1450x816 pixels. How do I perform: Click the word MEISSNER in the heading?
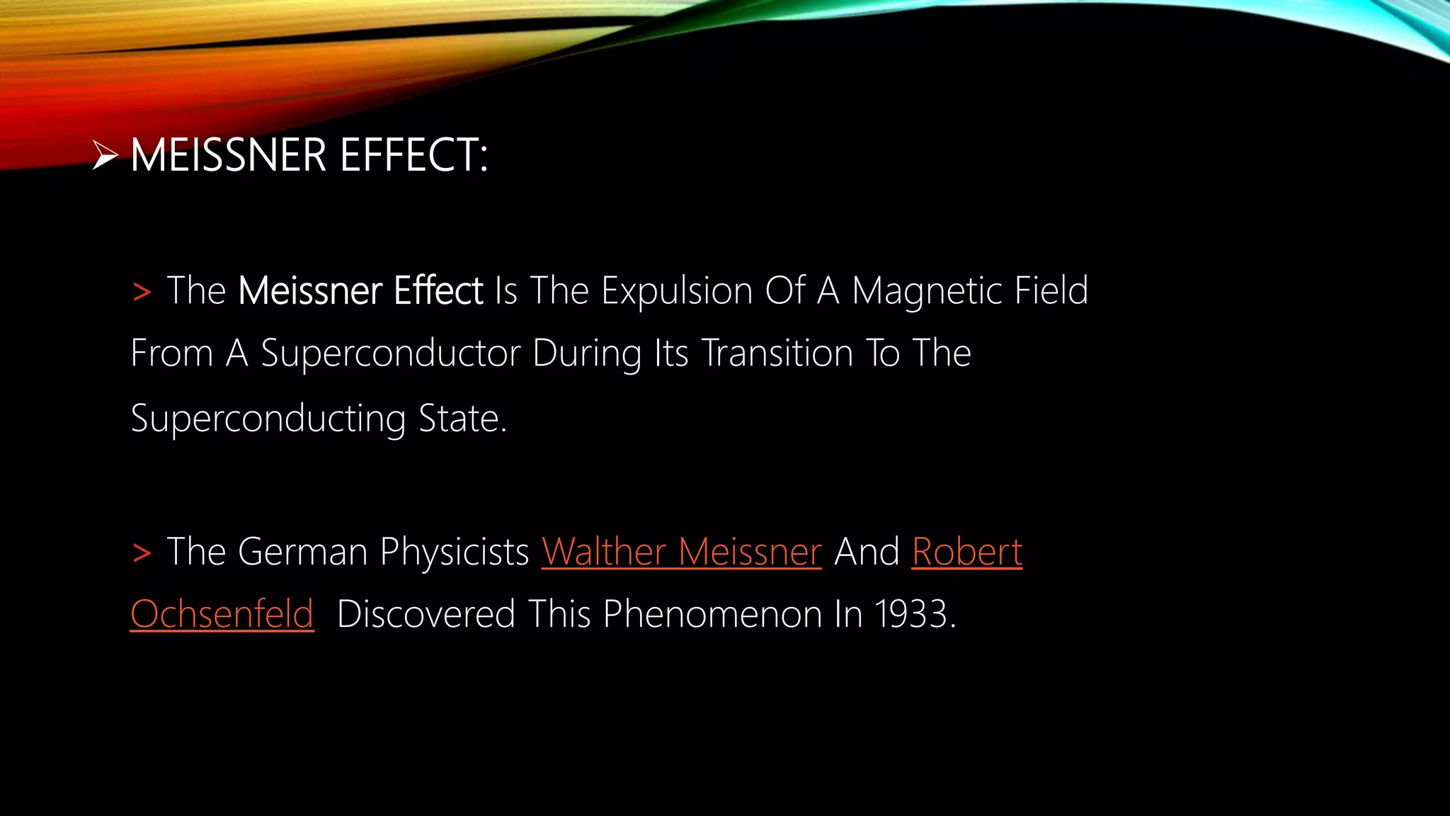pyautogui.click(x=228, y=155)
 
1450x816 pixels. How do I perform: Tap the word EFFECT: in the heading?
pyautogui.click(x=414, y=155)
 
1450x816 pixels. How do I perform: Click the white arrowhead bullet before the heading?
pyautogui.click(x=105, y=155)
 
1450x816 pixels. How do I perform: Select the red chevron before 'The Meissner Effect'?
pyautogui.click(x=142, y=292)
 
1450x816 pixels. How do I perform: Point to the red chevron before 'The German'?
pyautogui.click(x=142, y=552)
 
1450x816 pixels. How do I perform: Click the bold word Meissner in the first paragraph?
pyautogui.click(x=310, y=290)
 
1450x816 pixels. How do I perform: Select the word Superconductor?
pyautogui.click(x=391, y=353)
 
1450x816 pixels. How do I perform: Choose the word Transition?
pyautogui.click(x=777, y=353)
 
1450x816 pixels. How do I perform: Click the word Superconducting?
pyautogui.click(x=268, y=419)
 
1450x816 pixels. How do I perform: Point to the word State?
pyautogui.click(x=462, y=418)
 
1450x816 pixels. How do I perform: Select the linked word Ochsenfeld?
pyautogui.click(x=222, y=613)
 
